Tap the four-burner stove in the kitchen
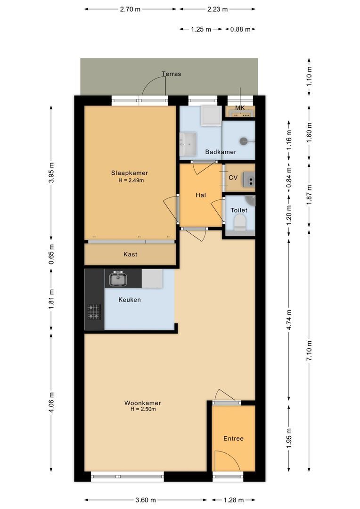[93, 312]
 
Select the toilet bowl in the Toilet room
[240, 222]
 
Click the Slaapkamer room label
[126, 173]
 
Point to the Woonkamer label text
[142, 403]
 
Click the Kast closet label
[130, 254]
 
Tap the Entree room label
[233, 438]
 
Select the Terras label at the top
[171, 74]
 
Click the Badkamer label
[221, 152]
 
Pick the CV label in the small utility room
[233, 178]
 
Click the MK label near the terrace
[240, 108]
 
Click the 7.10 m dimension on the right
[310, 352]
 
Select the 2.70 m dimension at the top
[131, 9]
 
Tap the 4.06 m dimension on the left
[51, 402]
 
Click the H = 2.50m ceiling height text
[143, 410]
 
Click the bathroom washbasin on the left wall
[189, 143]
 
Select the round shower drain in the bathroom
[244, 140]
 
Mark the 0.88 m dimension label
[239, 29]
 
